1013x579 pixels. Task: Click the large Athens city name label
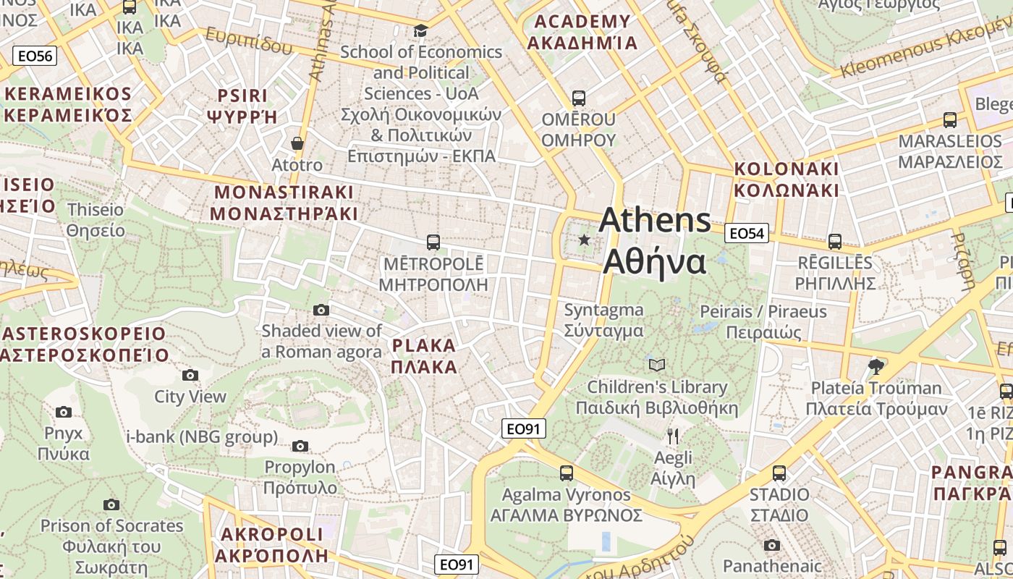[655, 240]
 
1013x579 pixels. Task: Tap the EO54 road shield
[746, 233]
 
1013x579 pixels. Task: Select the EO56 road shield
[35, 56]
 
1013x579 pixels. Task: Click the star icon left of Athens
[584, 240]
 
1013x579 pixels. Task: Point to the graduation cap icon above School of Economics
[420, 30]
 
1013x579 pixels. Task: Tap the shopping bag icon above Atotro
[297, 143]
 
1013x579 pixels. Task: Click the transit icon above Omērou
[578, 98]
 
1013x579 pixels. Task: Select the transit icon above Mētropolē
[433, 242]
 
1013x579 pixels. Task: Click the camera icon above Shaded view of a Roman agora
[321, 310]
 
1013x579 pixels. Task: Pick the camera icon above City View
[190, 375]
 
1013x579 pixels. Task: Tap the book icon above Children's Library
[656, 365]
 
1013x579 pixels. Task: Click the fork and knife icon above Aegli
[673, 436]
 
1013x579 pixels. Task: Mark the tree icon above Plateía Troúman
[876, 366]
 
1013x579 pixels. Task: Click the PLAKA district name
[424, 356]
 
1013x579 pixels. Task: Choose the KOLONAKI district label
[787, 179]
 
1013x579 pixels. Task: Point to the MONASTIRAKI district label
[284, 203]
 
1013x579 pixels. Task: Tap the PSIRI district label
[242, 106]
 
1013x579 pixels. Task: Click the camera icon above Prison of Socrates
[111, 504]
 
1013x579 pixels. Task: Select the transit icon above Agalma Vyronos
[567, 473]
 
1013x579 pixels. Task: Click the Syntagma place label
[603, 320]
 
